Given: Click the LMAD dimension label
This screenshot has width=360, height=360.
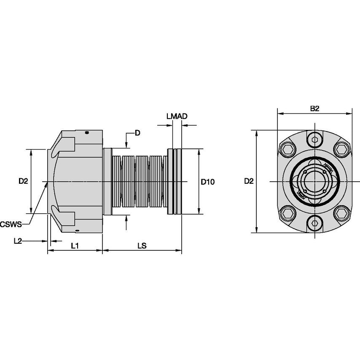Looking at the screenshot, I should coord(177,116).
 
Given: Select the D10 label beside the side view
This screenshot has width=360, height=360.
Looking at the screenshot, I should coord(207,182).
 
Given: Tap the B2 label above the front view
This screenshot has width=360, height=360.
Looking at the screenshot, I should coord(314,108).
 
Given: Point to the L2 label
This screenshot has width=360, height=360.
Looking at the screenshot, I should coord(18,241).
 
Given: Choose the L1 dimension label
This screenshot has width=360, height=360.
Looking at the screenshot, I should coord(75,245).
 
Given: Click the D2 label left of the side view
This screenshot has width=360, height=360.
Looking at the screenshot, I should coord(23,181).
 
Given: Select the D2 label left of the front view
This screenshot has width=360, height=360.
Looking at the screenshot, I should coord(249,181).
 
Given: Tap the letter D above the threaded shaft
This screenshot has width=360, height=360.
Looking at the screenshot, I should coord(137,133).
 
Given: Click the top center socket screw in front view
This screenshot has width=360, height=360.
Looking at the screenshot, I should coord(314,140).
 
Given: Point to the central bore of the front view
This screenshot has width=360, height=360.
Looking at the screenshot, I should coord(314,182).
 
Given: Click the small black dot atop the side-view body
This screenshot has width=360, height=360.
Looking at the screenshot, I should coord(87,133).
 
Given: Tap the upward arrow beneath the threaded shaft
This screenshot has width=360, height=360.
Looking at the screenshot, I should coord(127,223).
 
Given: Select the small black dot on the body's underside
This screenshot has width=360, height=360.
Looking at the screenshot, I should coord(79,231).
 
